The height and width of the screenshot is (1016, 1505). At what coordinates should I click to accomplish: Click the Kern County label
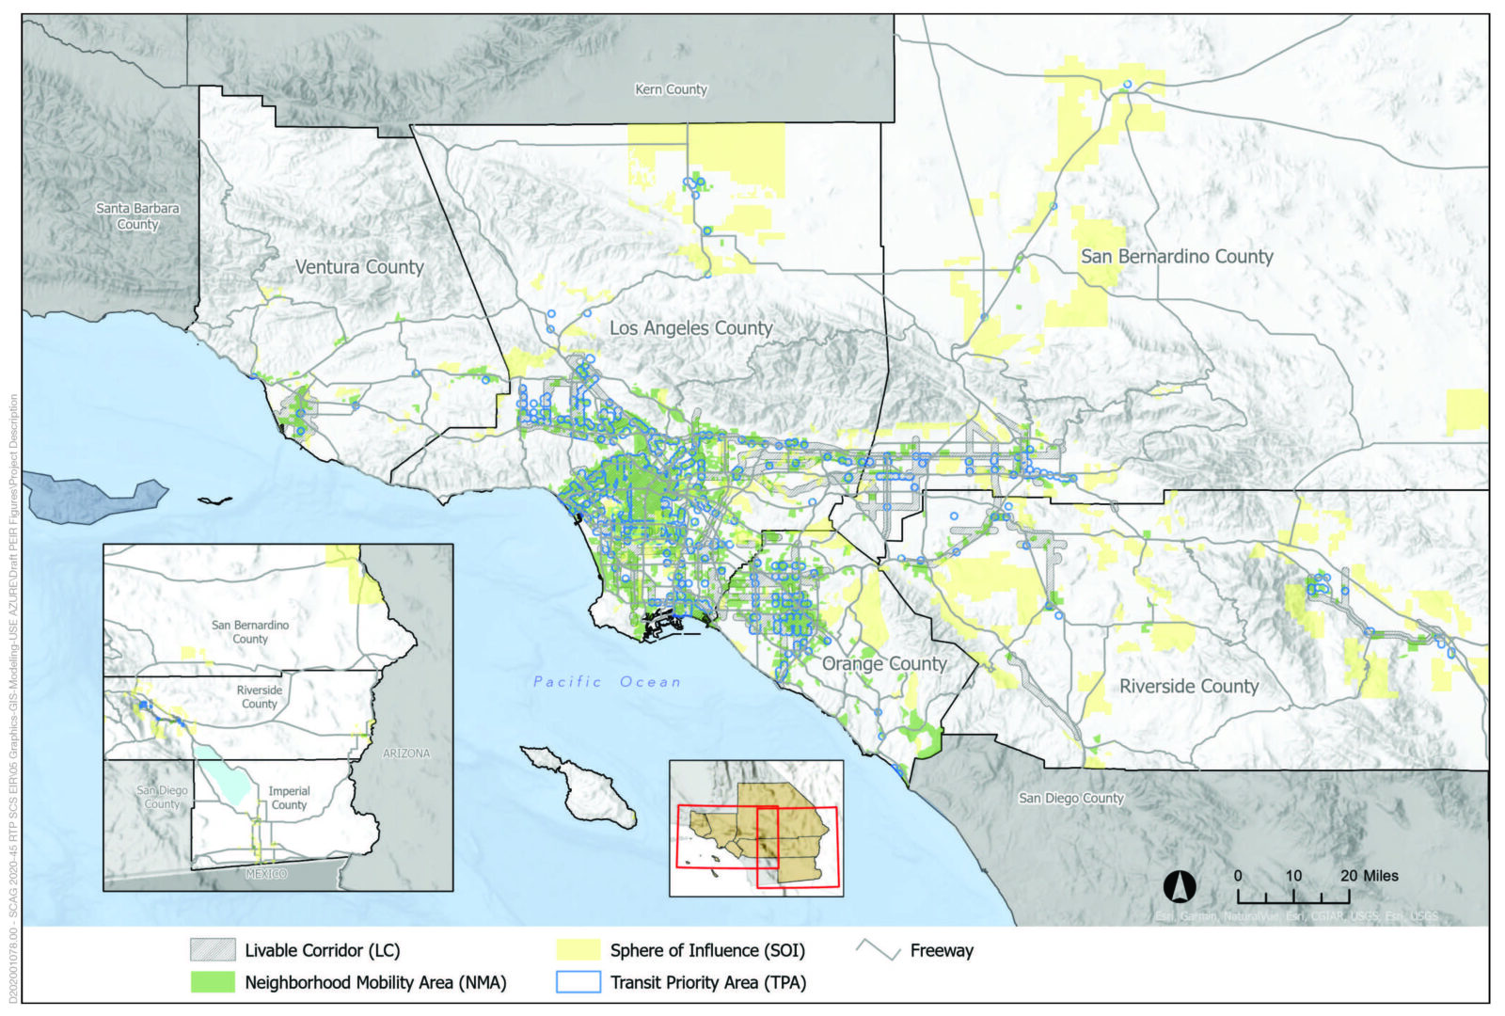point(671,89)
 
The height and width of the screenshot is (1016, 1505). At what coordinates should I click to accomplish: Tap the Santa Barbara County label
point(137,216)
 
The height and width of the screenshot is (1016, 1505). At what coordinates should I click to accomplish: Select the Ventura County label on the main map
point(359,267)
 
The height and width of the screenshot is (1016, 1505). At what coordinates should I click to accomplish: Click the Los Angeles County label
point(690,328)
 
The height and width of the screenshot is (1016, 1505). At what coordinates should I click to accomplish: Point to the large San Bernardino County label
point(1177,257)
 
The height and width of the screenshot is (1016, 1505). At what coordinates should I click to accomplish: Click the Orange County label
point(884,663)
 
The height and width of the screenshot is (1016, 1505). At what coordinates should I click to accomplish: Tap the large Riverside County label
point(1188,686)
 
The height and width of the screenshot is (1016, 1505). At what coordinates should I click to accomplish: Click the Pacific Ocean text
point(607,682)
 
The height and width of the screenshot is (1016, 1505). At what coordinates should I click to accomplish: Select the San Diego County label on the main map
point(1071,798)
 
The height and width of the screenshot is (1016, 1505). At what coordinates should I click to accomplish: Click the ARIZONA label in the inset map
point(406,754)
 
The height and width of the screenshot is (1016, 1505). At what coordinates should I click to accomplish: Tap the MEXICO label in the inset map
point(266,874)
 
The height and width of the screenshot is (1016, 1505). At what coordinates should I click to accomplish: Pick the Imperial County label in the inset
point(289,798)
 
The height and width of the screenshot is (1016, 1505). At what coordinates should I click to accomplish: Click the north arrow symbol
point(1180,886)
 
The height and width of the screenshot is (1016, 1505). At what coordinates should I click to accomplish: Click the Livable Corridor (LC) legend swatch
point(213,950)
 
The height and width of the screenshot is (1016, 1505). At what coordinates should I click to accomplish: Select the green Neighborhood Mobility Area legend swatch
point(213,982)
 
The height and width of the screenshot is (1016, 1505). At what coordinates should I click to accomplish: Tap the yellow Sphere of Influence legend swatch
point(578,950)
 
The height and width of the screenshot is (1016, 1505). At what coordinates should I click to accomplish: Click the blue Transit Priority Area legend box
point(578,982)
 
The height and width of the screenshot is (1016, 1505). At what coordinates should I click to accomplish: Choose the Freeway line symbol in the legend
point(879,950)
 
